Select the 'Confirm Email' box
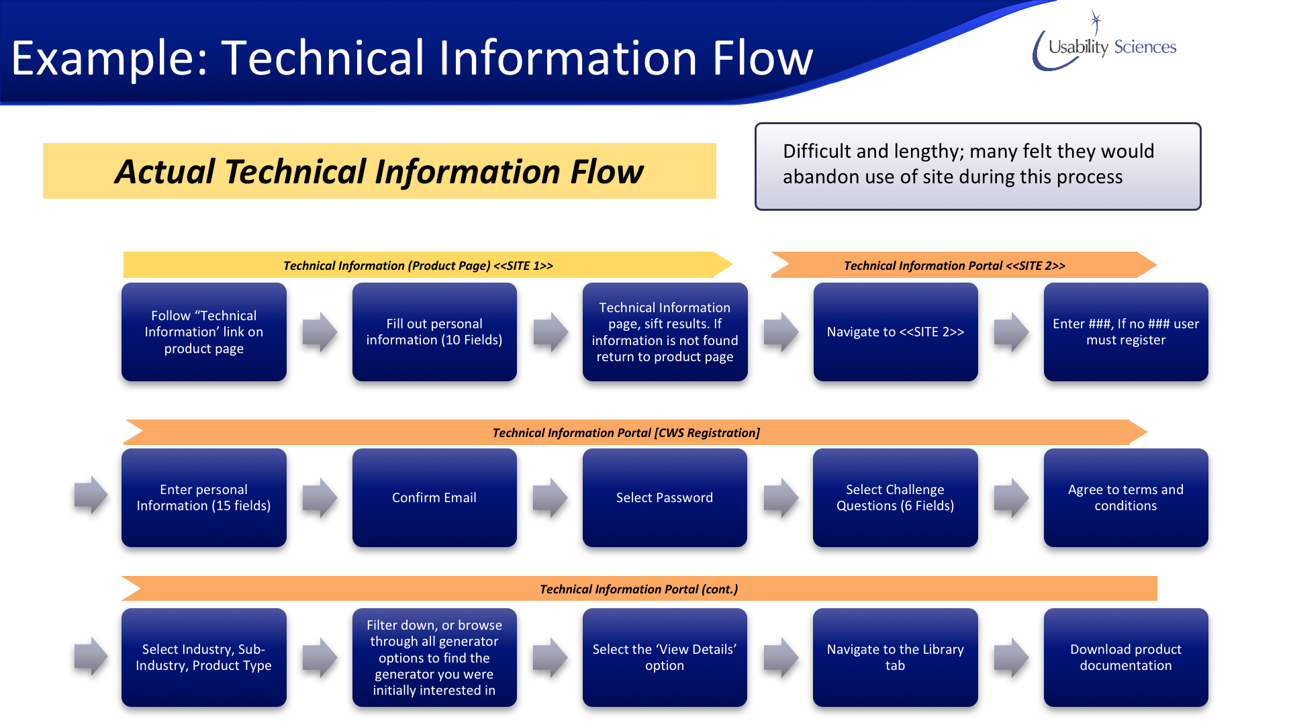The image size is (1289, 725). coord(434,497)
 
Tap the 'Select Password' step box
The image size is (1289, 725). coord(665,497)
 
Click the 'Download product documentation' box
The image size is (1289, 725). coord(1126,657)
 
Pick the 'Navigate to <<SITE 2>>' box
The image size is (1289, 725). coord(896,332)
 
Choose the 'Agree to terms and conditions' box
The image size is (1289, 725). coord(1126,497)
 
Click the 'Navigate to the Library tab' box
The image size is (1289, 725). coord(896,657)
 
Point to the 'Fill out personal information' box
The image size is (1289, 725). coord(434,332)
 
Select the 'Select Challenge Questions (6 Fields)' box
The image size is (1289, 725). coord(896,497)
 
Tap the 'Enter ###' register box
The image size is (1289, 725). coord(1126,332)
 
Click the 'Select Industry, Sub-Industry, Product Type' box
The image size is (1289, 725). coord(204,657)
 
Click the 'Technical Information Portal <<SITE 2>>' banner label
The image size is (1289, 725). coord(954,266)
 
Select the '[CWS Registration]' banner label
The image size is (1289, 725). coord(707,433)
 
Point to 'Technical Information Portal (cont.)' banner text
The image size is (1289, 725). coord(638,589)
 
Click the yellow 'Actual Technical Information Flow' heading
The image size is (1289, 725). coord(379,171)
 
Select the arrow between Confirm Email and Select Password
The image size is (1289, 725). coord(550,497)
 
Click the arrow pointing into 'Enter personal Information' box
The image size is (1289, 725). coord(91,495)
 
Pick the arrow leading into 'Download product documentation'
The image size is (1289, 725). coord(1011,657)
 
